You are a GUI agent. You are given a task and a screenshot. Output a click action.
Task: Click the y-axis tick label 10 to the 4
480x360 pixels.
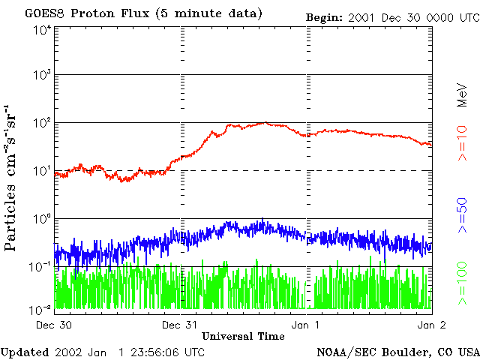(x=41, y=29)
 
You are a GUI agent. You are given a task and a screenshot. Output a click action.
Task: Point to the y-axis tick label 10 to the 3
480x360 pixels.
(x=41, y=76)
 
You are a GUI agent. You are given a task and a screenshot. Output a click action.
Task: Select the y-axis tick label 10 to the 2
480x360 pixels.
(x=41, y=124)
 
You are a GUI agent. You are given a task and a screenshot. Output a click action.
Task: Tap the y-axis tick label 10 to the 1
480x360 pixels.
(x=41, y=172)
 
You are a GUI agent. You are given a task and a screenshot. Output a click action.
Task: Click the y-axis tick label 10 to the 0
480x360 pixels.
(x=41, y=220)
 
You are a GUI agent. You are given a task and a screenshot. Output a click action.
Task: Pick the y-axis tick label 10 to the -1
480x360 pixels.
(x=40, y=268)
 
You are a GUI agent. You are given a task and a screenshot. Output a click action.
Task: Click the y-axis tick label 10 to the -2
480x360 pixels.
(x=40, y=309)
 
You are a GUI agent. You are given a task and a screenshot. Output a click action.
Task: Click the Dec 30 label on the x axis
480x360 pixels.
(x=54, y=325)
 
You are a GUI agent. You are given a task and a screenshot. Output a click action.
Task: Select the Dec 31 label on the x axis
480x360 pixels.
(x=180, y=325)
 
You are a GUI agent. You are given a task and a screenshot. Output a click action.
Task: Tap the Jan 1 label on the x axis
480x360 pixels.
(x=306, y=325)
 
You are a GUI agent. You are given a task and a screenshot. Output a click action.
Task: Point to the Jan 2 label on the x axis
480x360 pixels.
(x=432, y=325)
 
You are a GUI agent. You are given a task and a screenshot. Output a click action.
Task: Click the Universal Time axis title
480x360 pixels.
(x=243, y=336)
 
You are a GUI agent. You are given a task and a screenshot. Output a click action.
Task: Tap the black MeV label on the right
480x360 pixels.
(x=463, y=93)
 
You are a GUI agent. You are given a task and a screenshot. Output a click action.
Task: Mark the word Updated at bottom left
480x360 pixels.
(x=23, y=351)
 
